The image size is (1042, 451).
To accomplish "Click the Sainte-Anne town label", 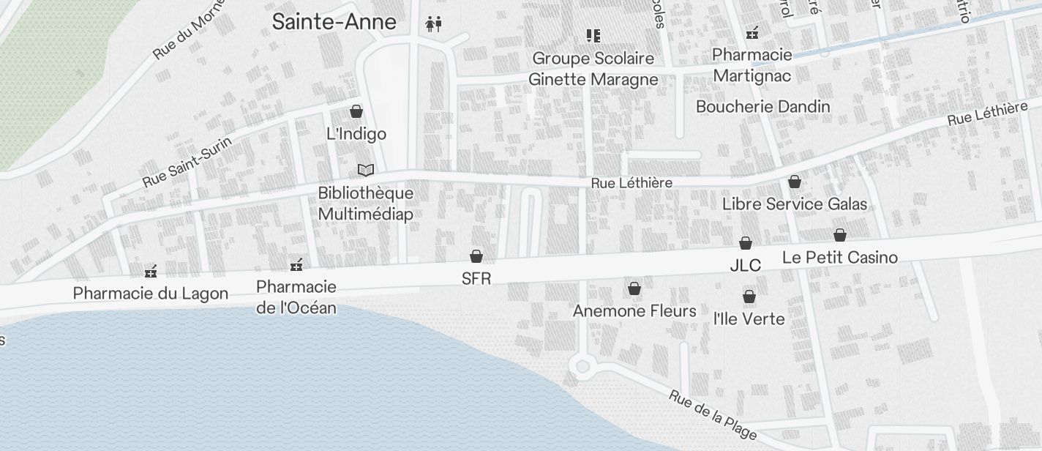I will pyautogui.click(x=334, y=22).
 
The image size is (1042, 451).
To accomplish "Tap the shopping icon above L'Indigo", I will pyautogui.click(x=356, y=111).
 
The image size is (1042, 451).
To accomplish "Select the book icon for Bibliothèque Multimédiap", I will pyautogui.click(x=366, y=170).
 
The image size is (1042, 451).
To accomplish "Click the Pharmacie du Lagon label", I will pyautogui.click(x=151, y=294).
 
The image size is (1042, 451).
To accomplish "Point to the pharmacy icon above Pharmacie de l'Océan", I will pyautogui.click(x=296, y=265).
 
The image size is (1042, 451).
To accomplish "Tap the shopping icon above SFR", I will pyautogui.click(x=476, y=256).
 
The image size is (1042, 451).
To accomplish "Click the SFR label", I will pyautogui.click(x=476, y=278).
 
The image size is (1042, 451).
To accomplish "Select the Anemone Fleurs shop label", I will pyautogui.click(x=634, y=311).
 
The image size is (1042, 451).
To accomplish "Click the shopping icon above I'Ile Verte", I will pyautogui.click(x=749, y=297).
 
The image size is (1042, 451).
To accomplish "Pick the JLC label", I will pyautogui.click(x=746, y=265).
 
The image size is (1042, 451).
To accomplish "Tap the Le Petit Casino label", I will pyautogui.click(x=840, y=257).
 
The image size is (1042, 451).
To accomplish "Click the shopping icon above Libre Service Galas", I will pyautogui.click(x=795, y=182).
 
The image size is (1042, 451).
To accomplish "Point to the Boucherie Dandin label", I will pyautogui.click(x=763, y=107).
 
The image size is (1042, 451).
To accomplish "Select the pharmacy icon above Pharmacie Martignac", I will pyautogui.click(x=752, y=33).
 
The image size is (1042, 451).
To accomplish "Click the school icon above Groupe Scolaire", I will pyautogui.click(x=593, y=35).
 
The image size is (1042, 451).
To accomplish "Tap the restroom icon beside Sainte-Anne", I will pyautogui.click(x=434, y=25).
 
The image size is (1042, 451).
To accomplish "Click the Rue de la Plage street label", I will pyautogui.click(x=713, y=415).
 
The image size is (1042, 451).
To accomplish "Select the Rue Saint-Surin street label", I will pyautogui.click(x=188, y=162).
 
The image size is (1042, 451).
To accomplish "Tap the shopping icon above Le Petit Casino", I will pyautogui.click(x=840, y=235).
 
